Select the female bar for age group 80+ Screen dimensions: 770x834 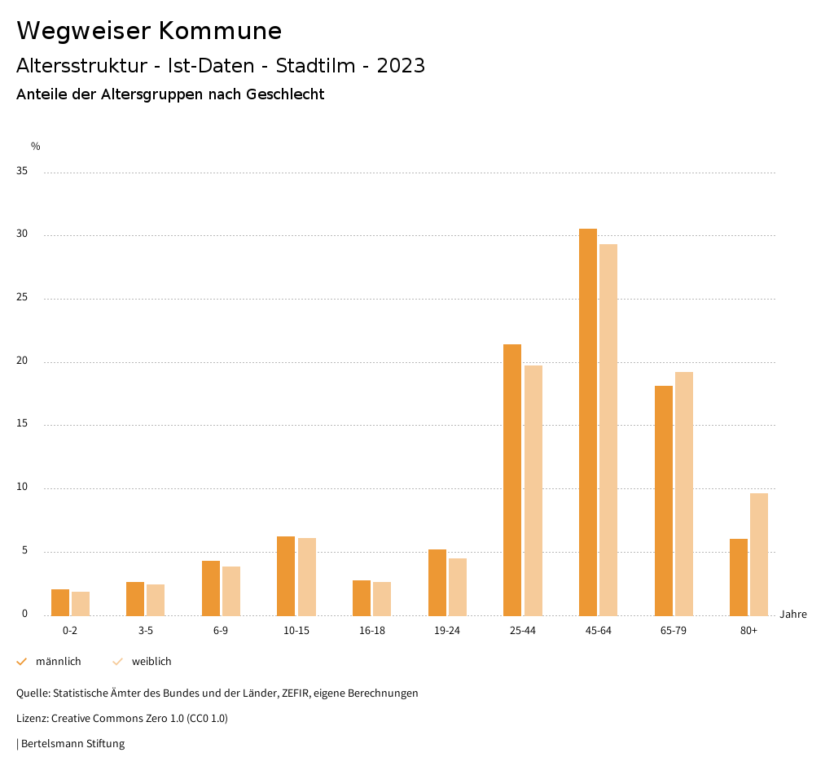click(x=759, y=554)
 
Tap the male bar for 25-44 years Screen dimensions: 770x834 click(x=512, y=479)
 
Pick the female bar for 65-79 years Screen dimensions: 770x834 click(x=684, y=493)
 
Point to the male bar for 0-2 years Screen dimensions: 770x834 click(x=60, y=602)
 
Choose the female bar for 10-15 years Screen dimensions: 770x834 click(x=307, y=576)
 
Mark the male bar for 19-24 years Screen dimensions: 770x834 click(x=437, y=582)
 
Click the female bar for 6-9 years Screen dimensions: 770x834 click(x=231, y=591)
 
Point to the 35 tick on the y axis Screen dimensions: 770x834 click(x=22, y=172)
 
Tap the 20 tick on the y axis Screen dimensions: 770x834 click(x=22, y=361)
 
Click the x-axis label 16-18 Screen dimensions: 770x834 click(x=372, y=631)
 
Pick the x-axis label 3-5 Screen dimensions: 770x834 click(x=146, y=631)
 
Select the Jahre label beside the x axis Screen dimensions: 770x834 click(x=792, y=615)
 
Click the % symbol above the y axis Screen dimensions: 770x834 click(x=36, y=147)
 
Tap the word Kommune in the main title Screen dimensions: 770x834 click(x=220, y=31)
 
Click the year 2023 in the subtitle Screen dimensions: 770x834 click(x=401, y=66)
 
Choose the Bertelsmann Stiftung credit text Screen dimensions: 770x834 click(x=72, y=744)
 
